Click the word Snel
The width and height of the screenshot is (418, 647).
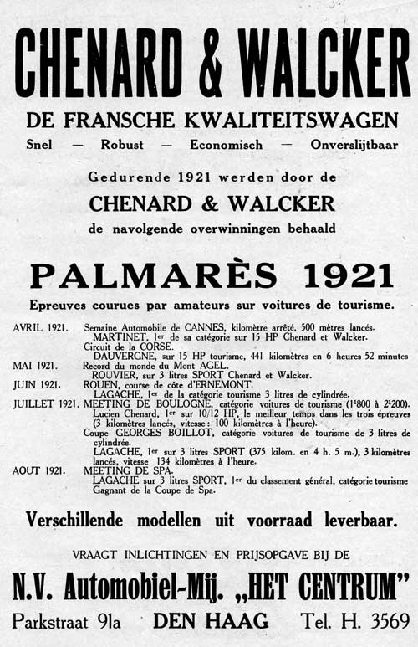pos(38,144)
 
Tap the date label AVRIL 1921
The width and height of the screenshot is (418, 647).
pos(40,327)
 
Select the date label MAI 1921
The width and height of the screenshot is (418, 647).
pos(35,366)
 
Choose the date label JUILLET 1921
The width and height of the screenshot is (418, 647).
pos(43,403)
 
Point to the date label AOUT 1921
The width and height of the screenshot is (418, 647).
pos(38,470)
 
